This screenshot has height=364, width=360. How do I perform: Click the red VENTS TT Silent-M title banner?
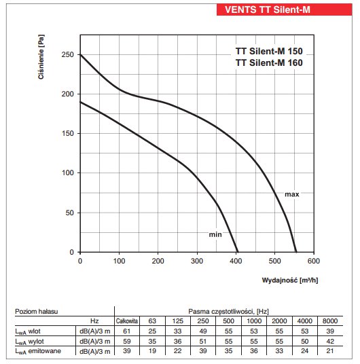[285, 10]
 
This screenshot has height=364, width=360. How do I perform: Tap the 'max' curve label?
[292, 194]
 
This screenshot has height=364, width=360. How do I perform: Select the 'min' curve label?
[215, 234]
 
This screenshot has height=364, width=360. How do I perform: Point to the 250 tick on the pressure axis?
[68, 54]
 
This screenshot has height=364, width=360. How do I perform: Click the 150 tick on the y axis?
[68, 134]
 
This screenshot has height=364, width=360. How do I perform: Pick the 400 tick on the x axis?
[236, 261]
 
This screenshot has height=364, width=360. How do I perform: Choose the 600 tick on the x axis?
[314, 261]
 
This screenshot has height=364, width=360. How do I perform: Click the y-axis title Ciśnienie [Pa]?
[41, 57]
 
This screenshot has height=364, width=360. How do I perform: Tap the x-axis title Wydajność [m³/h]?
[290, 280]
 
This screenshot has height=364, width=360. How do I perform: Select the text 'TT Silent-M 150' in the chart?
[269, 51]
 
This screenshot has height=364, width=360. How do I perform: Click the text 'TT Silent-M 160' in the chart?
[269, 62]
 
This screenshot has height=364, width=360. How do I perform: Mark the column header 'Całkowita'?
[127, 321]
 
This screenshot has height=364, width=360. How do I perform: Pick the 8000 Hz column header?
[330, 321]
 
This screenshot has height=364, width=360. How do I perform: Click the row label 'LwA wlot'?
[28, 331]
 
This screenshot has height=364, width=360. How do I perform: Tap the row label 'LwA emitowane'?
[38, 351]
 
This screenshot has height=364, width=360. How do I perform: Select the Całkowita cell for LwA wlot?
[127, 331]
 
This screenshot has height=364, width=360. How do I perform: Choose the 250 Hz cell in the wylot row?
[203, 341]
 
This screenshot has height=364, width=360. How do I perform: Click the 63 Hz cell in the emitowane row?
[152, 351]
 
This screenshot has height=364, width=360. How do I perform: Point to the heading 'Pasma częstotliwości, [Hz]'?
[228, 311]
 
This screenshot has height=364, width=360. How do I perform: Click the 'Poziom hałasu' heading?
[37, 312]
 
